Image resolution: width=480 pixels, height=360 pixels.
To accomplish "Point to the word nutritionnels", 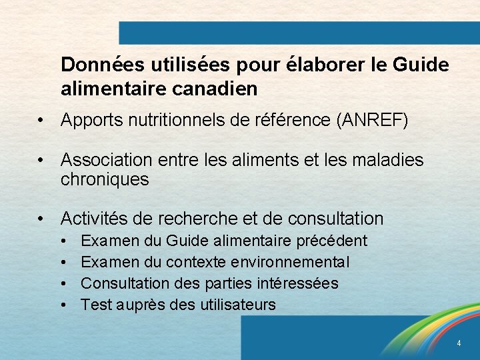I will tap(169, 121).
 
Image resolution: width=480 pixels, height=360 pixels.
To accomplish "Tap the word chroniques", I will tap(105, 179).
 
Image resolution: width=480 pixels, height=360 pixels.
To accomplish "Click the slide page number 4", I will tap(459, 343).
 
